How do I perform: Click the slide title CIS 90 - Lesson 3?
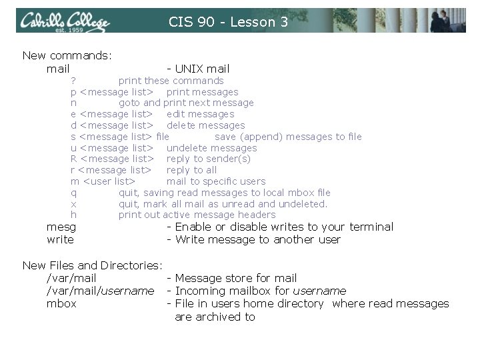pyautogui.click(x=228, y=22)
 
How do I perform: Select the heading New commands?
pyautogui.click(x=67, y=55)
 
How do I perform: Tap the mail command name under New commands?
pyautogui.click(x=58, y=69)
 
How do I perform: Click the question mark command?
pyautogui.click(x=73, y=81)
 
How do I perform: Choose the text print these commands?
pyautogui.click(x=171, y=81)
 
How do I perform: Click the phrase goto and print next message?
pyautogui.click(x=186, y=103)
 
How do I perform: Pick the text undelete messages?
pyautogui.click(x=211, y=147)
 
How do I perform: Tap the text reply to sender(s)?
pyautogui.click(x=208, y=159)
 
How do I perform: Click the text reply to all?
pyautogui.click(x=191, y=170)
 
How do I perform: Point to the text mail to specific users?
pyautogui.click(x=215, y=181)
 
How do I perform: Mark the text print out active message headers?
pyautogui.click(x=197, y=215)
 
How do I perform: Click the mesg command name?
pyautogui.click(x=61, y=227)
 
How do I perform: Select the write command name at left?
pyautogui.click(x=60, y=239)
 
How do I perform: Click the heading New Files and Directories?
pyautogui.click(x=93, y=265)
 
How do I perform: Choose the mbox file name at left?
pyautogui.click(x=61, y=303)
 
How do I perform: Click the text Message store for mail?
pyautogui.click(x=235, y=278)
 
